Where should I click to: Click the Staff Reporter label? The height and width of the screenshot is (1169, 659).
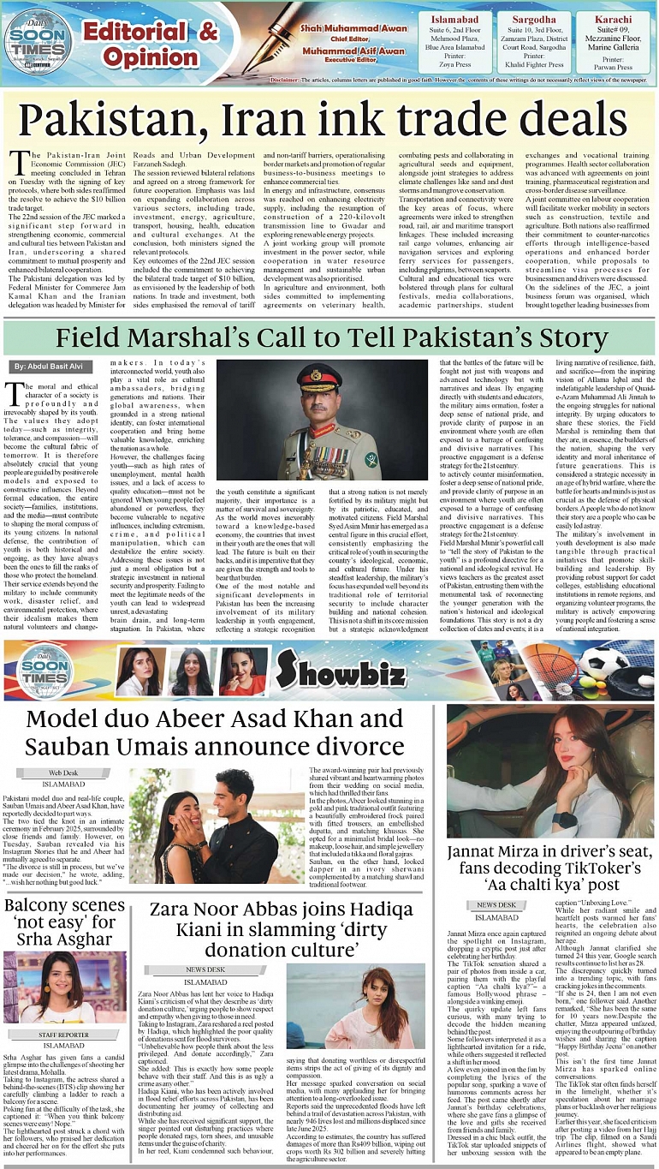click(x=63, y=1035)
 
